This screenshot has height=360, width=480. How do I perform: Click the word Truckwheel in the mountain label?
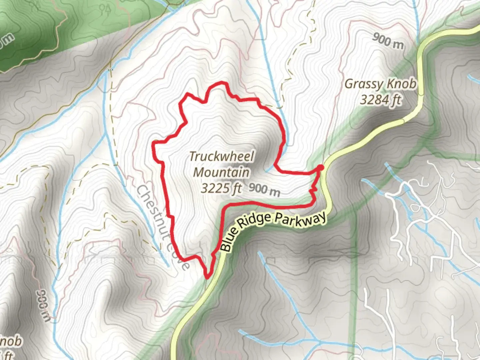click(x=222, y=156)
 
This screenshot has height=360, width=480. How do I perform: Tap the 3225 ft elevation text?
click(x=221, y=188)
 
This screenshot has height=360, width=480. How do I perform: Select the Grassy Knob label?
click(x=380, y=84)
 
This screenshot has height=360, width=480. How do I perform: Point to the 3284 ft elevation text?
click(x=381, y=99)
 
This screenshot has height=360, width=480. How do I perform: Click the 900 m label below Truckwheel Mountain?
click(x=264, y=190)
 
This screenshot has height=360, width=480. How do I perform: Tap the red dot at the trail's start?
click(x=320, y=167)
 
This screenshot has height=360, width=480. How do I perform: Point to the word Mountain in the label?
click(x=221, y=172)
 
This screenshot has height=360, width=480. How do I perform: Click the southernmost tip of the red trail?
click(x=207, y=277)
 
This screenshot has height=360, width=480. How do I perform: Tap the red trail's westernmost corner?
click(x=154, y=143)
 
